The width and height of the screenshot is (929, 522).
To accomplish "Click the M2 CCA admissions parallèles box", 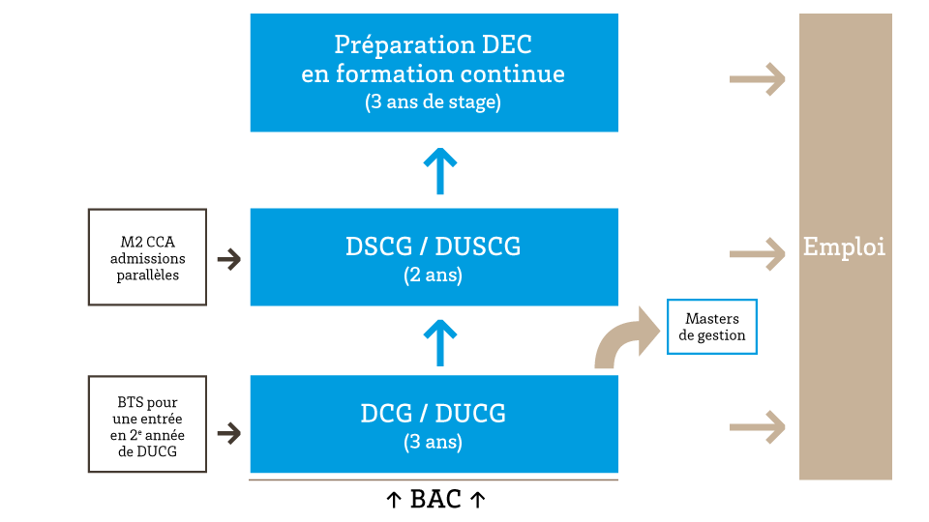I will [x=147, y=258].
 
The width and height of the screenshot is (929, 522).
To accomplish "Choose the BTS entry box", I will [x=147, y=424].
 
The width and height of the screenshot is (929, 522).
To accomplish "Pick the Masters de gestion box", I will [x=712, y=327].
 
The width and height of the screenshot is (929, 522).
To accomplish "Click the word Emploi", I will [x=844, y=247].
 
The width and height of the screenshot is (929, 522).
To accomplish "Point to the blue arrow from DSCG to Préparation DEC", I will [x=440, y=171].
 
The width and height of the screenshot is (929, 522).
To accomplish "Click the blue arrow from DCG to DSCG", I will [x=440, y=343].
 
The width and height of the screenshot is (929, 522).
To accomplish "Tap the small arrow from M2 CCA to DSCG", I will [x=229, y=259].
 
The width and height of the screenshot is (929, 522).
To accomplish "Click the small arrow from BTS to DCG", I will [x=229, y=433].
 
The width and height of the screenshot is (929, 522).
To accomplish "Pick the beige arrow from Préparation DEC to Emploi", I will [x=757, y=79].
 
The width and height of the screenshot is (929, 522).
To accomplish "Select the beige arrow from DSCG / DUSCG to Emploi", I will [x=757, y=254].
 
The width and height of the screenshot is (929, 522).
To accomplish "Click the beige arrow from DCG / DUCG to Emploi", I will [x=757, y=426].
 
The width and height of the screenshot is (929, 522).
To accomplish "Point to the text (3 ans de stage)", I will [x=434, y=102].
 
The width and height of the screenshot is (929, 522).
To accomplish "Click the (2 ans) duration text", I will [x=434, y=275].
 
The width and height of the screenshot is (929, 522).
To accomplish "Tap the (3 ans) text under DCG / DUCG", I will [x=434, y=444].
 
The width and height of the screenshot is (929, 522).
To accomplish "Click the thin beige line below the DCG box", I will [x=434, y=479].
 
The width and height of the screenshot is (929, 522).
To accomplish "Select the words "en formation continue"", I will [x=434, y=73].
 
